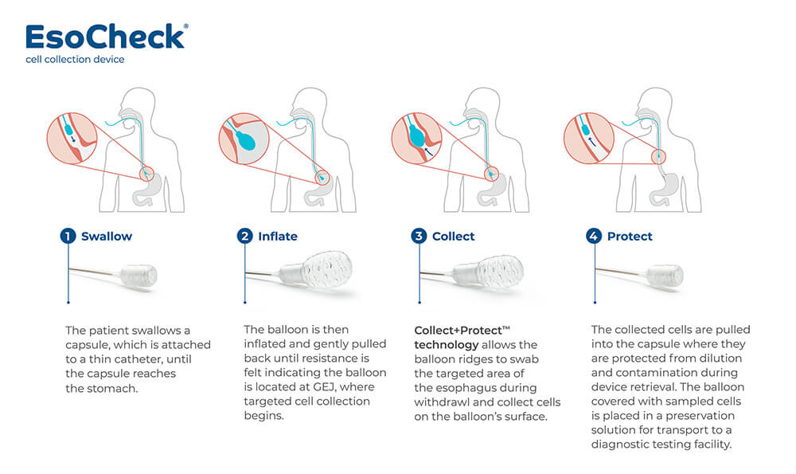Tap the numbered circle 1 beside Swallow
pos(68,237)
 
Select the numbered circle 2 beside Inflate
pos(244,237)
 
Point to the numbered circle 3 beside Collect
pos(419,237)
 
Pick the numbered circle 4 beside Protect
pos(594,237)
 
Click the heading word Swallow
pos(107,237)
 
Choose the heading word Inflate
pos(278,237)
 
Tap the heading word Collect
pos(453,237)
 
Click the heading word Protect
pos(630,237)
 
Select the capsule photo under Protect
pos(663,276)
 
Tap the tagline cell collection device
pos(75,60)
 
